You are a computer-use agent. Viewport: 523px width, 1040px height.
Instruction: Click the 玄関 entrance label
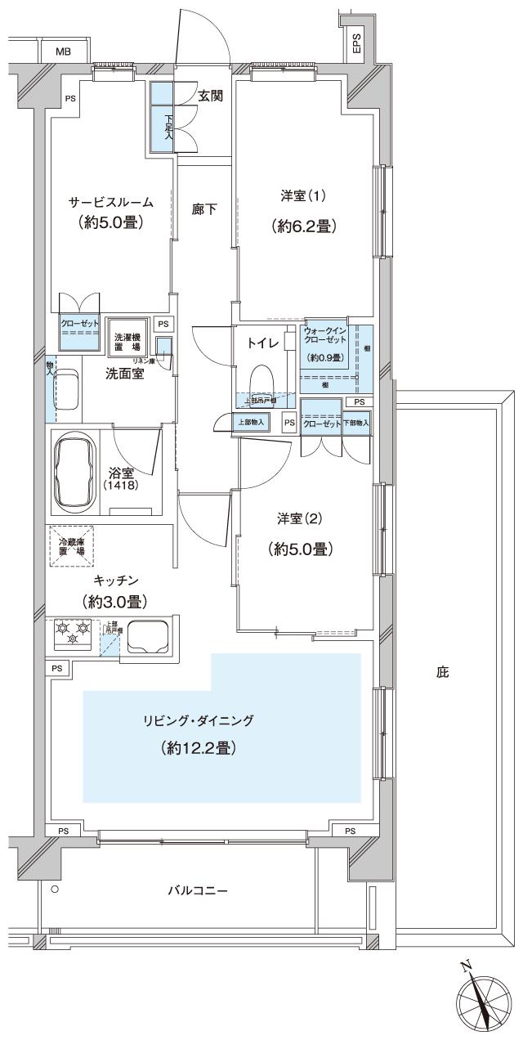pos(211,96)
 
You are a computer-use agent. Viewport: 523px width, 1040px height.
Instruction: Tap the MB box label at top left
pos(63,52)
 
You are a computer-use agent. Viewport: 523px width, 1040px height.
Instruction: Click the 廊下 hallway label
pos(204,209)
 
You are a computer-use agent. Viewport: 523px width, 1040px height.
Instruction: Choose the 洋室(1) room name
pos(304,196)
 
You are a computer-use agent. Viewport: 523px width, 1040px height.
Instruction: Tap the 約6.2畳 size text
pos(304,227)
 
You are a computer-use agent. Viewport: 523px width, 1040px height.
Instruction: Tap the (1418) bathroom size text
pos(120,486)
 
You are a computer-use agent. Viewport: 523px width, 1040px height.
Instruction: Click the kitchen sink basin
pos(148,635)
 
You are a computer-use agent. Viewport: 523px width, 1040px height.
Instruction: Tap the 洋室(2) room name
pos(300,518)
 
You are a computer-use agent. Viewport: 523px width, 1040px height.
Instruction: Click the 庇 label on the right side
pos(442,673)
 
